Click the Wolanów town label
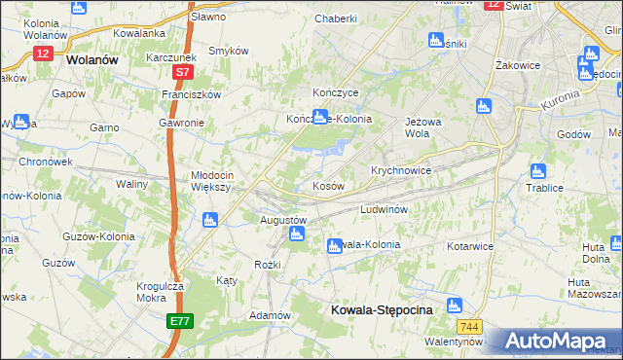coord(93,58)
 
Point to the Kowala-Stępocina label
coord(376,311)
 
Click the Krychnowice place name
coord(400,168)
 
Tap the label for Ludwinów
coord(388,209)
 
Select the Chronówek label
coord(46,162)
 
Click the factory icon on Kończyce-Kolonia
coord(319,116)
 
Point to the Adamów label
coord(271,315)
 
